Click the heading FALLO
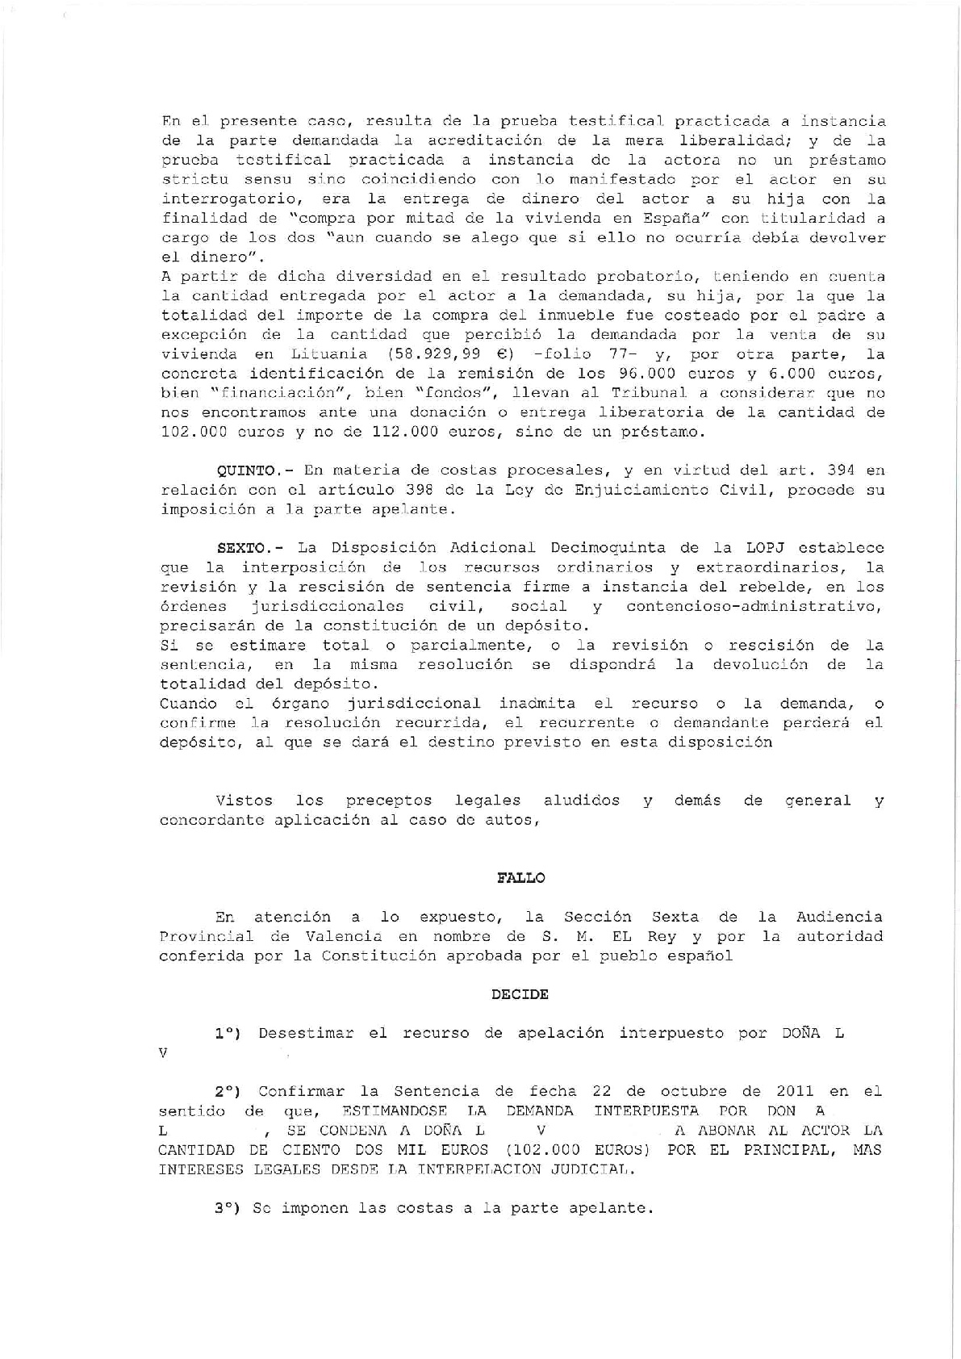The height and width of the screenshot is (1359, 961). [520, 878]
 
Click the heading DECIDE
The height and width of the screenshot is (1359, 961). [520, 994]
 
